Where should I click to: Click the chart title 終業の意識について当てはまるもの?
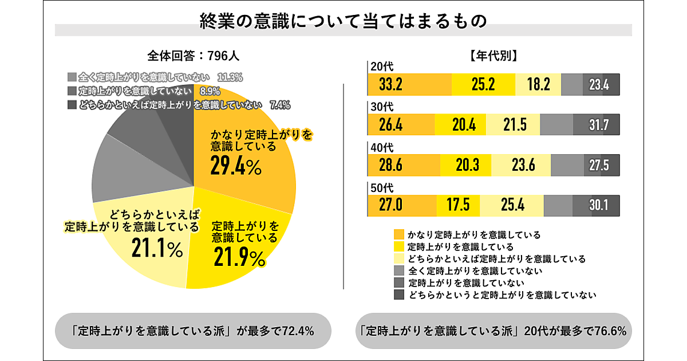343,21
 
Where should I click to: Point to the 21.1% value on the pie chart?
157,248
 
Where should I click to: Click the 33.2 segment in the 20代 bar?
391,85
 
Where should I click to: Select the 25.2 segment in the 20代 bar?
483,85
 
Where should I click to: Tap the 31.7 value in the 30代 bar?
599,124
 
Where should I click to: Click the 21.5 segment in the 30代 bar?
514,124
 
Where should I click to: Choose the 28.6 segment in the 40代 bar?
391,165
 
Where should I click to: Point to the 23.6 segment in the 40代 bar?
523,165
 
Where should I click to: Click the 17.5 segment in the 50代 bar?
458,205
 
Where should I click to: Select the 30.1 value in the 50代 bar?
598,205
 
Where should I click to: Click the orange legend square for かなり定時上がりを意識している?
399,234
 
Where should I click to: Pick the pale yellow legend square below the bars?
399,258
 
